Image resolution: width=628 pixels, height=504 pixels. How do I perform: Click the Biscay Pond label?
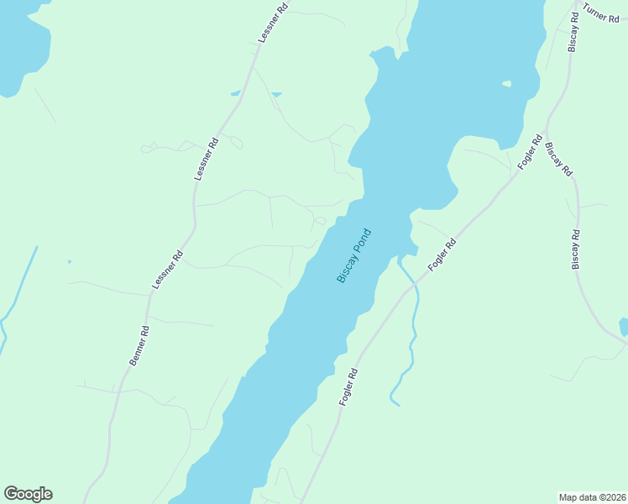pos(353,255)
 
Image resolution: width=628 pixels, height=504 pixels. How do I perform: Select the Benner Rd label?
pos(139,345)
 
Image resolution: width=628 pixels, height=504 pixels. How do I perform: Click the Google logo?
pos(28,494)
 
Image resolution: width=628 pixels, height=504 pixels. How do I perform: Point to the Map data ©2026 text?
pos(593,496)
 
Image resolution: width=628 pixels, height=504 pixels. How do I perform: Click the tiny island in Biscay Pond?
pos(506,84)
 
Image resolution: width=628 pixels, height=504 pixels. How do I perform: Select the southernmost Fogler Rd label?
pos(349,387)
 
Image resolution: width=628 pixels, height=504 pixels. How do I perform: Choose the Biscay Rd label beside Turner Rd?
pos(574,31)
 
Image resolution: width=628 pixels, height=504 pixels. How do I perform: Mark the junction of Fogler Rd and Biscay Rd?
pos(544,133)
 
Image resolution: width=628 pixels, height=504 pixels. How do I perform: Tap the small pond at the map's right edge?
pos(623,326)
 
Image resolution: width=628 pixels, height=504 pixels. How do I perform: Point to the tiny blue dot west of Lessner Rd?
pos(70,261)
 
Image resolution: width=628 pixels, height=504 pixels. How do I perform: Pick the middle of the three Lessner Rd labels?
pos(207,159)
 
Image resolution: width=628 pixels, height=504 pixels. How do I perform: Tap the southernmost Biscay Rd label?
pos(576,249)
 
